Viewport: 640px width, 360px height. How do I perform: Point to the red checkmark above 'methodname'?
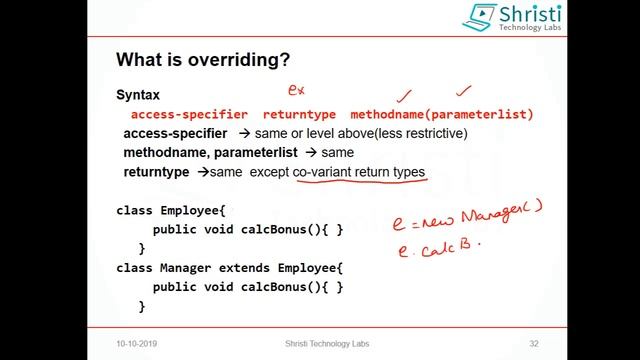[405, 96]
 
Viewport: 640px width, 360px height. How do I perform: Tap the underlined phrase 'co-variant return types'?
[360, 173]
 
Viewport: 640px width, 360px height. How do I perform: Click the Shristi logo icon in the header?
[480, 17]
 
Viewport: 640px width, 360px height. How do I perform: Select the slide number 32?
[534, 343]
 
